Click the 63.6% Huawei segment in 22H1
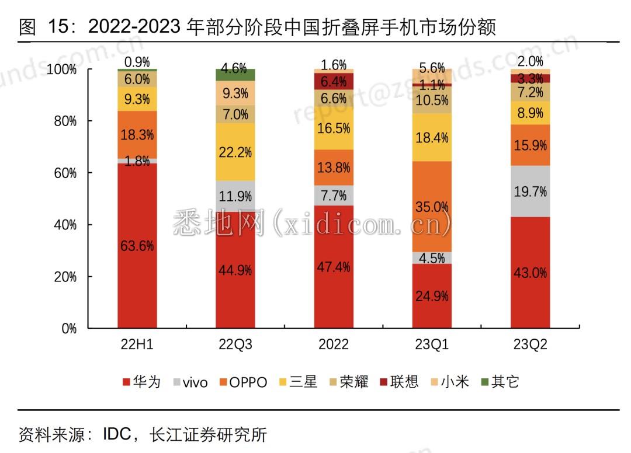tap(137, 246)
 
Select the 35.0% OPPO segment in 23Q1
tap(432, 206)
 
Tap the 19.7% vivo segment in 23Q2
tap(530, 191)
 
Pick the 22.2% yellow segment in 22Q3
tap(235, 152)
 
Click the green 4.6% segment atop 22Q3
tap(235, 75)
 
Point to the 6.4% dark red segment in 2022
tap(334, 81)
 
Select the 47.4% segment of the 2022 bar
tap(334, 267)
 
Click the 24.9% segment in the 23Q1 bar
tap(432, 296)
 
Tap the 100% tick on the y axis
tap(62, 69)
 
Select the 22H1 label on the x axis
tap(137, 344)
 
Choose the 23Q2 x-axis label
tap(530, 344)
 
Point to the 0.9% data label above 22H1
tap(137, 62)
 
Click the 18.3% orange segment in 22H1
tap(137, 134)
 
